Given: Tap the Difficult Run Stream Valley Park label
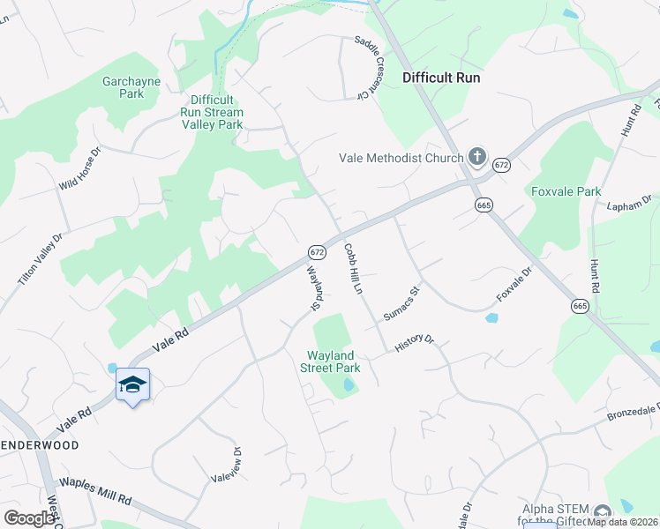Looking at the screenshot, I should tap(212, 113).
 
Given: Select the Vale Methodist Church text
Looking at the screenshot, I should tap(401, 159).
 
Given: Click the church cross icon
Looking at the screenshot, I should tap(476, 158).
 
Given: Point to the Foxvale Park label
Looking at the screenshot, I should tap(566, 191).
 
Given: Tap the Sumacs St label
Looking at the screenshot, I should tap(400, 302).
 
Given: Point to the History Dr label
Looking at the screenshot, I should tap(415, 344).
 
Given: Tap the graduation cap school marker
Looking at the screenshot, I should tap(132, 384).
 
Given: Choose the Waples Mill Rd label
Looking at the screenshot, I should tap(94, 491).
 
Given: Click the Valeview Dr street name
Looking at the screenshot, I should tap(225, 465).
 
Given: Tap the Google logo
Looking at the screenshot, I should tap(29, 518).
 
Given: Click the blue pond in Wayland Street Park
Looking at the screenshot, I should tap(348, 385).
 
